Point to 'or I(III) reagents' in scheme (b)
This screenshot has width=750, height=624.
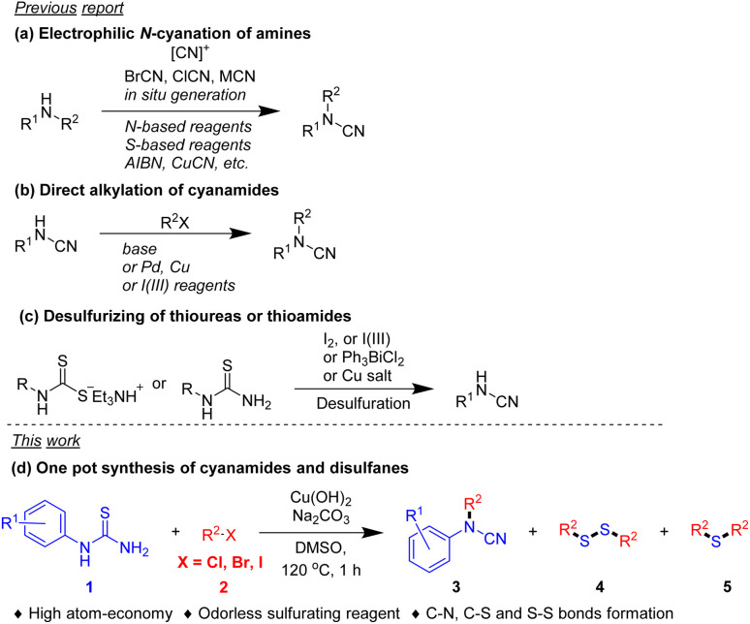[x=164, y=282]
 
